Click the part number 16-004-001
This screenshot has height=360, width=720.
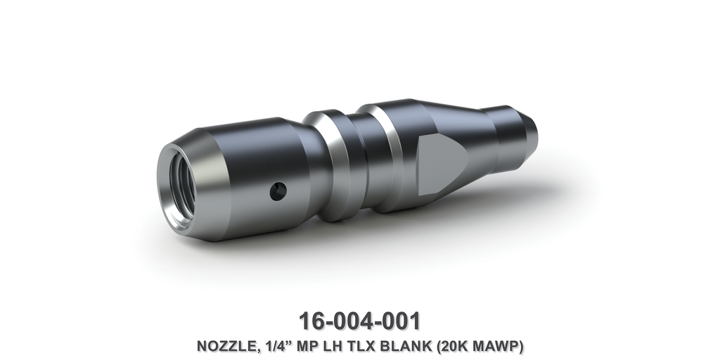pyautogui.click(x=359, y=321)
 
